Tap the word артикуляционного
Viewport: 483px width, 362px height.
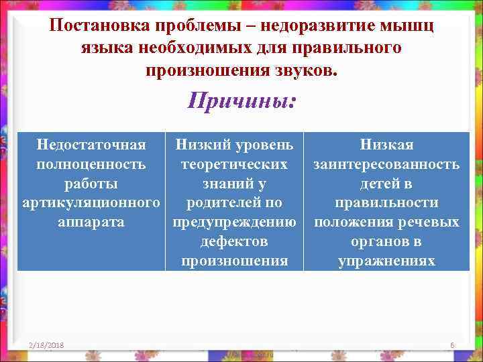[x=91, y=202]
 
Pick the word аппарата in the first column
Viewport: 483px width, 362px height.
[x=91, y=222]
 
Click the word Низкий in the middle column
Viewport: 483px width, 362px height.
[x=203, y=144]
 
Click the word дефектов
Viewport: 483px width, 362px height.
[x=234, y=241]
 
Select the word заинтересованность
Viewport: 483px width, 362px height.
[x=386, y=164]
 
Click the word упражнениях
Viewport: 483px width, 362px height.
[x=386, y=261]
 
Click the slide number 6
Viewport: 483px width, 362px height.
[x=453, y=345]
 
